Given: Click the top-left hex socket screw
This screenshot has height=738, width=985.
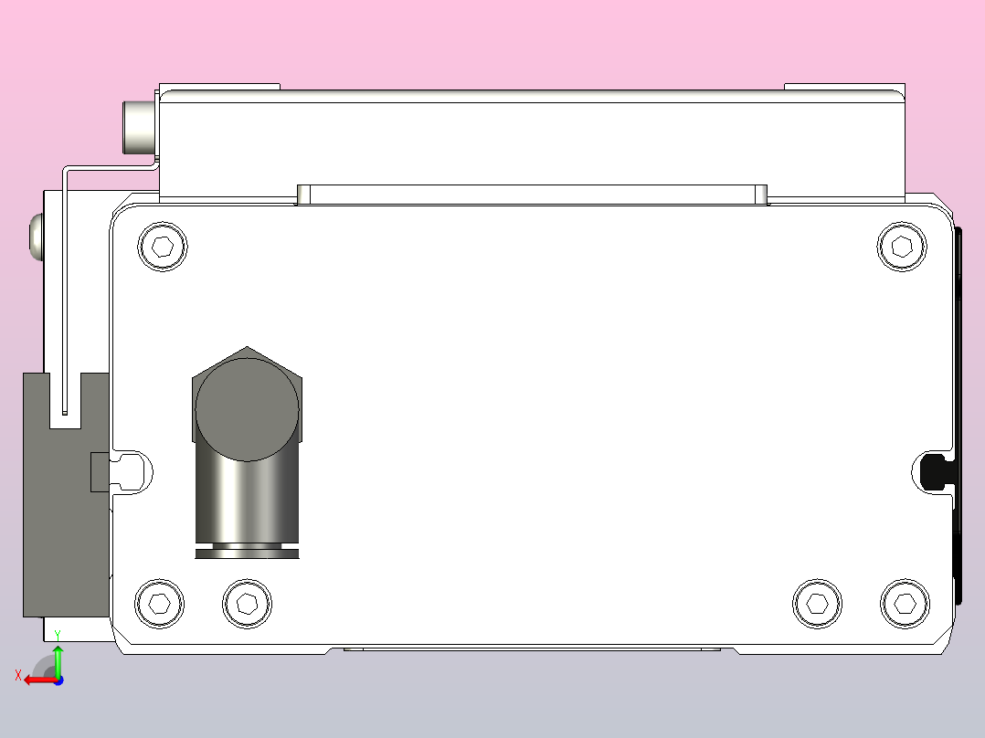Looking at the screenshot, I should [x=163, y=246].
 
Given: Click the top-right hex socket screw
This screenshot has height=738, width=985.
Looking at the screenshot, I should [x=902, y=246].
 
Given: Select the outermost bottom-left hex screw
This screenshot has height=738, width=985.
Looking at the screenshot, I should [x=160, y=603].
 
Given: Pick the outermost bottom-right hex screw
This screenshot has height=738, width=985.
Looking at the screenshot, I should [x=905, y=603].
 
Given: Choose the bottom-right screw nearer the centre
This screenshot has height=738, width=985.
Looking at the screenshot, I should [x=818, y=603].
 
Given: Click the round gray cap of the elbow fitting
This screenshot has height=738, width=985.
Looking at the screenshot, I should [x=247, y=407].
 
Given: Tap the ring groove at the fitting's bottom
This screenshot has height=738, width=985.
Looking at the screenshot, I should [x=247, y=551].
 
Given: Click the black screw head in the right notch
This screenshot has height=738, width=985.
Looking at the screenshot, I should [x=934, y=470].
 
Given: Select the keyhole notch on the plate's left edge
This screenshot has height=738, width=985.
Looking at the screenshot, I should [x=133, y=471].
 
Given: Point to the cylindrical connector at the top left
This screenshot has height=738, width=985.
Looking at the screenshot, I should [x=140, y=128].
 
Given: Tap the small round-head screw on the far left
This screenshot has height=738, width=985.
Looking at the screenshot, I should [x=37, y=237].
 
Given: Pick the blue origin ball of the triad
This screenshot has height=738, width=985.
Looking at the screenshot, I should [x=58, y=680].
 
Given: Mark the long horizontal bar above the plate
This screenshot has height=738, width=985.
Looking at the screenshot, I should [x=532, y=195].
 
